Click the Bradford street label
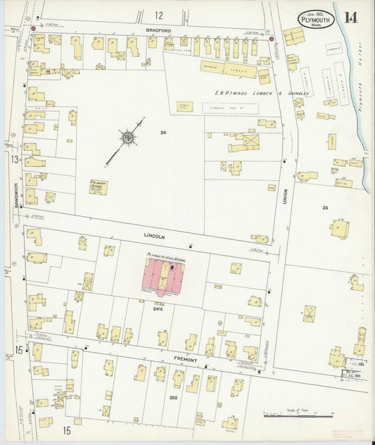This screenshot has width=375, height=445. (159, 31)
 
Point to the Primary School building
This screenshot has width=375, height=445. (98, 187)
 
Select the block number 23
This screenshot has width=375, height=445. (325, 207)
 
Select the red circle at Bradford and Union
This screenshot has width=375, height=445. (272, 39)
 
